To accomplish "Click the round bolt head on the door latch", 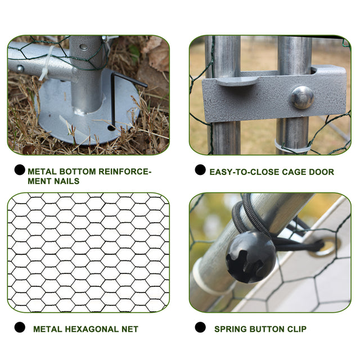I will tap(302, 97).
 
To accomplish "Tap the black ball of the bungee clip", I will tap(250, 256).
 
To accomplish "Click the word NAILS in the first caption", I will tap(66, 181).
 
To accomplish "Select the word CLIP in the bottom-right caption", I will tap(296, 329).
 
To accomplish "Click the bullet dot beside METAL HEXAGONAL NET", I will tap(20, 327).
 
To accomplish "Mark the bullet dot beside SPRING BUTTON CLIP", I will tap(200, 327).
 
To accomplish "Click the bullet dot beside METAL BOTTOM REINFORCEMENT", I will tap(20, 169).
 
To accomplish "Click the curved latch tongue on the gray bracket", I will tap(236, 80).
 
